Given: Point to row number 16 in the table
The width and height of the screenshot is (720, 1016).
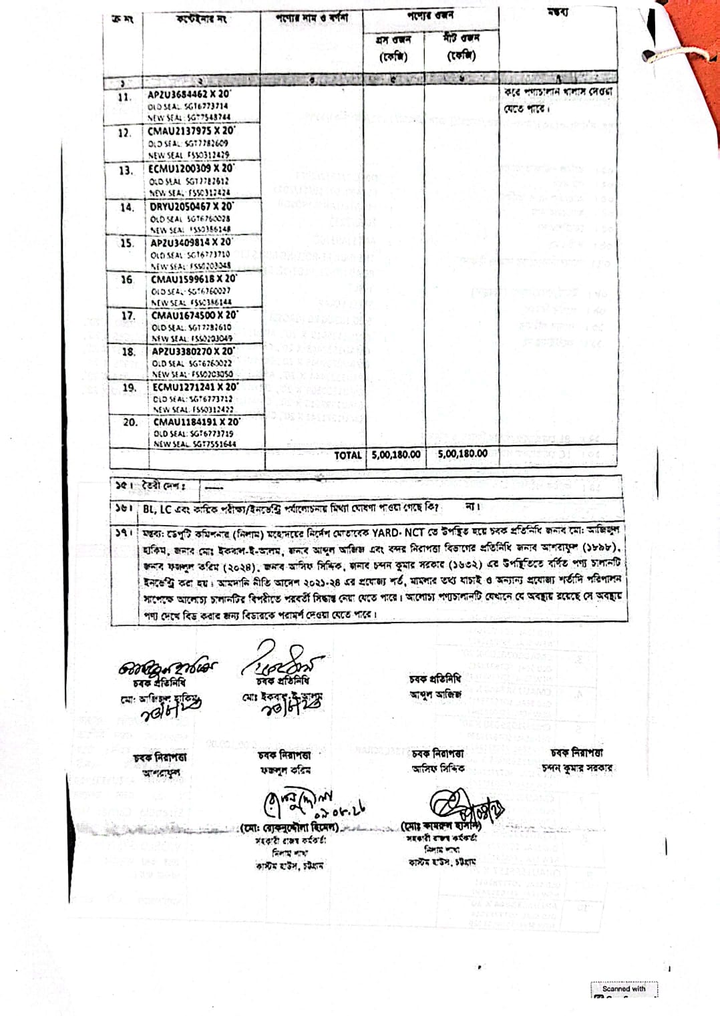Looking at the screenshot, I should click(127, 280).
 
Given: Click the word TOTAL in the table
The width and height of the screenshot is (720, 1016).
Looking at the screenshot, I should click(347, 455).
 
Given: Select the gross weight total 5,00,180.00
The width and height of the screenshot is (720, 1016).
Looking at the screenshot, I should click(396, 454).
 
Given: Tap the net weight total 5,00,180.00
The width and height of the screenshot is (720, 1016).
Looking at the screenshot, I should click(463, 454).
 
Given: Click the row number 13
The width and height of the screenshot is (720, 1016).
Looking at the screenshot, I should click(126, 170).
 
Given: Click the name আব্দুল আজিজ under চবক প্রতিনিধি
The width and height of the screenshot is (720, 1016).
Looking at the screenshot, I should click(435, 694).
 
